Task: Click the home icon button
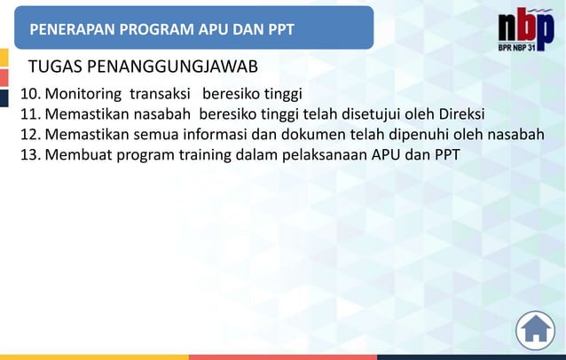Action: (x=535, y=330)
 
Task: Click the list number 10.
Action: (x=30, y=94)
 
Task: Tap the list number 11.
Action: (x=30, y=114)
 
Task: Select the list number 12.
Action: (x=30, y=135)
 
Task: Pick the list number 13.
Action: (x=30, y=155)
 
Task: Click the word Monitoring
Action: (x=84, y=94)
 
